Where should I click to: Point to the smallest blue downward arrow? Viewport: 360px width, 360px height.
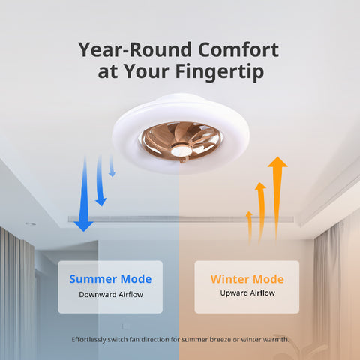pyautogui.click(x=112, y=166)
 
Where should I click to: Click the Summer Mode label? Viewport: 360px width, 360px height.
pyautogui.click(x=110, y=279)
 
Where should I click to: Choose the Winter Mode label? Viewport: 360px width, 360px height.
pyautogui.click(x=247, y=279)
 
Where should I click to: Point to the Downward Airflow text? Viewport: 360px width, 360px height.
pyautogui.click(x=110, y=295)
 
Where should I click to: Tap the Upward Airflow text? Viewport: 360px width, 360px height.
pyautogui.click(x=247, y=295)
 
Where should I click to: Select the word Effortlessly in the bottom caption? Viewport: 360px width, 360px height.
pyautogui.click(x=93, y=340)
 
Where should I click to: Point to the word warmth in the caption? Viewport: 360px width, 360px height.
pyautogui.click(x=274, y=340)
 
